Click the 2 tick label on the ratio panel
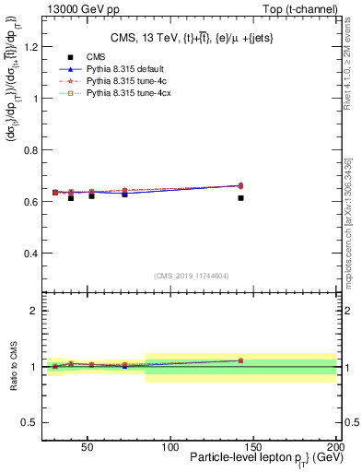coord(32,311)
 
